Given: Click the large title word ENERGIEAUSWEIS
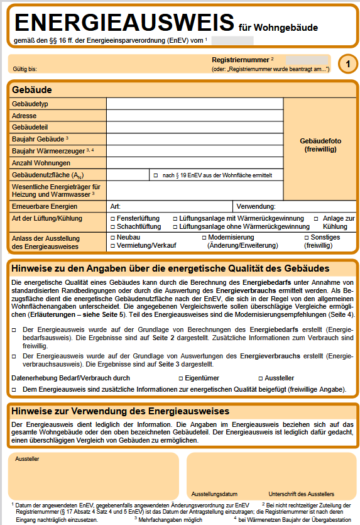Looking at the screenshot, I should pyautogui.click(x=123, y=23).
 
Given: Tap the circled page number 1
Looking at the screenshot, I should pyautogui.click(x=348, y=64).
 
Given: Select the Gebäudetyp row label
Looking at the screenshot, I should pyautogui.click(x=30, y=103).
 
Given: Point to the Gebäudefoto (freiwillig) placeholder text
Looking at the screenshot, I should pyautogui.click(x=320, y=145).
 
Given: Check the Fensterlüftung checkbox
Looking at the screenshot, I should pyautogui.click(x=112, y=218).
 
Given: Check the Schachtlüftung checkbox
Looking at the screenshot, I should pyautogui.click(x=112, y=226).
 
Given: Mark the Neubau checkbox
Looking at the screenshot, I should pyautogui.click(x=112, y=237).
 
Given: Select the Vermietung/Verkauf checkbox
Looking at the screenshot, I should pyautogui.click(x=112, y=245).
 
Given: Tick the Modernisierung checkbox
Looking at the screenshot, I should pyautogui.click(x=204, y=237).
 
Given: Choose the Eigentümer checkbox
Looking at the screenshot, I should pyautogui.click(x=180, y=379).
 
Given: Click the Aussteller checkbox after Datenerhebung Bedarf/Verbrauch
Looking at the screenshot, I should pyautogui.click(x=259, y=379).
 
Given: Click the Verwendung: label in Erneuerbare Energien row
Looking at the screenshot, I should pyautogui.click(x=256, y=206).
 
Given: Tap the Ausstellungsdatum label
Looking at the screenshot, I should pyautogui.click(x=214, y=494).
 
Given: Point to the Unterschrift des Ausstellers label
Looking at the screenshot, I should pyautogui.click(x=301, y=494).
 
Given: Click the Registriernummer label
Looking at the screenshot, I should pyautogui.click(x=240, y=60).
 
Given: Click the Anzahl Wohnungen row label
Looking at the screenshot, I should pyautogui.click(x=37, y=163).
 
